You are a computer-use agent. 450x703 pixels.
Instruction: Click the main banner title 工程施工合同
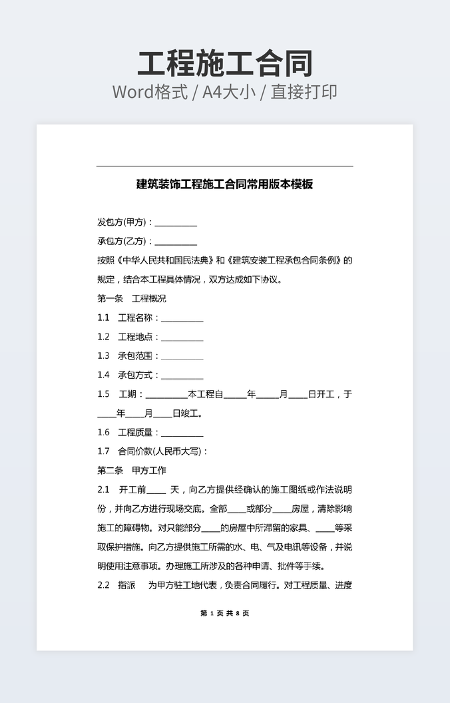coord(225,64)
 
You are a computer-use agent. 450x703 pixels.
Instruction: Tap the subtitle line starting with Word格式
coord(225,92)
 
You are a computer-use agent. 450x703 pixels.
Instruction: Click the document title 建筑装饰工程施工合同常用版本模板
coord(225,184)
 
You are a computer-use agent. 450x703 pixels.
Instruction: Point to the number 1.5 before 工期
coord(103,394)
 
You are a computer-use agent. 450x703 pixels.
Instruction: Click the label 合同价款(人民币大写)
coord(163,451)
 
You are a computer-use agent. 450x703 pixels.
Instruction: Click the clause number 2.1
coord(103,490)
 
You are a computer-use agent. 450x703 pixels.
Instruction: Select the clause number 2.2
coord(103,586)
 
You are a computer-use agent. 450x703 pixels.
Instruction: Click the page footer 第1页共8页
coord(225,613)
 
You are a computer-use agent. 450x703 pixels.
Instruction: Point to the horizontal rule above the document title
coord(225,166)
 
